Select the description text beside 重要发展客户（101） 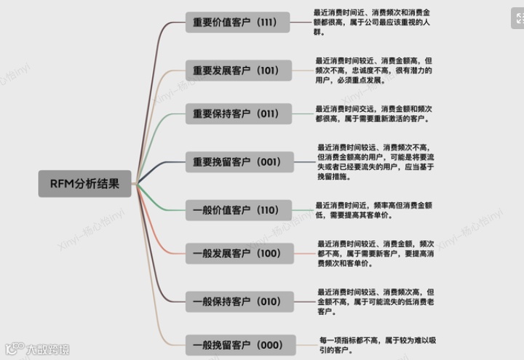(374, 71)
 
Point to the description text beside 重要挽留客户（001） (376, 161)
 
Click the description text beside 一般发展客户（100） (376, 253)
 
